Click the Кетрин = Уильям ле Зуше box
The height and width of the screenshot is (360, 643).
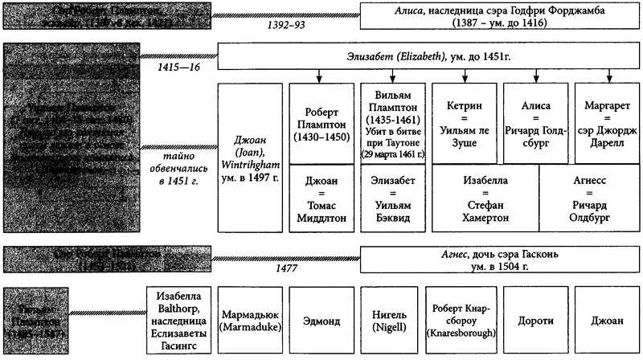pyautogui.click(x=461, y=122)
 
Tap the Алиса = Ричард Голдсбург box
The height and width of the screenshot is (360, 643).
pyautogui.click(x=532, y=122)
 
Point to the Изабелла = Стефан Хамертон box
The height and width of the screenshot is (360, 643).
pyautogui.click(x=484, y=197)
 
